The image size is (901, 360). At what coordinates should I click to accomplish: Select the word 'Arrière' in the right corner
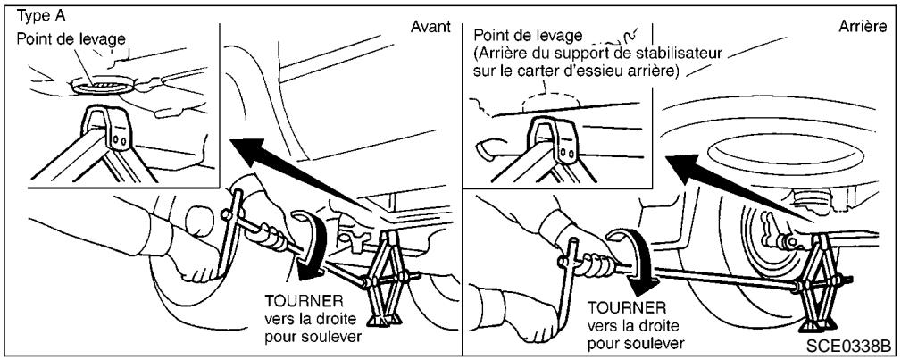click(x=863, y=28)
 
